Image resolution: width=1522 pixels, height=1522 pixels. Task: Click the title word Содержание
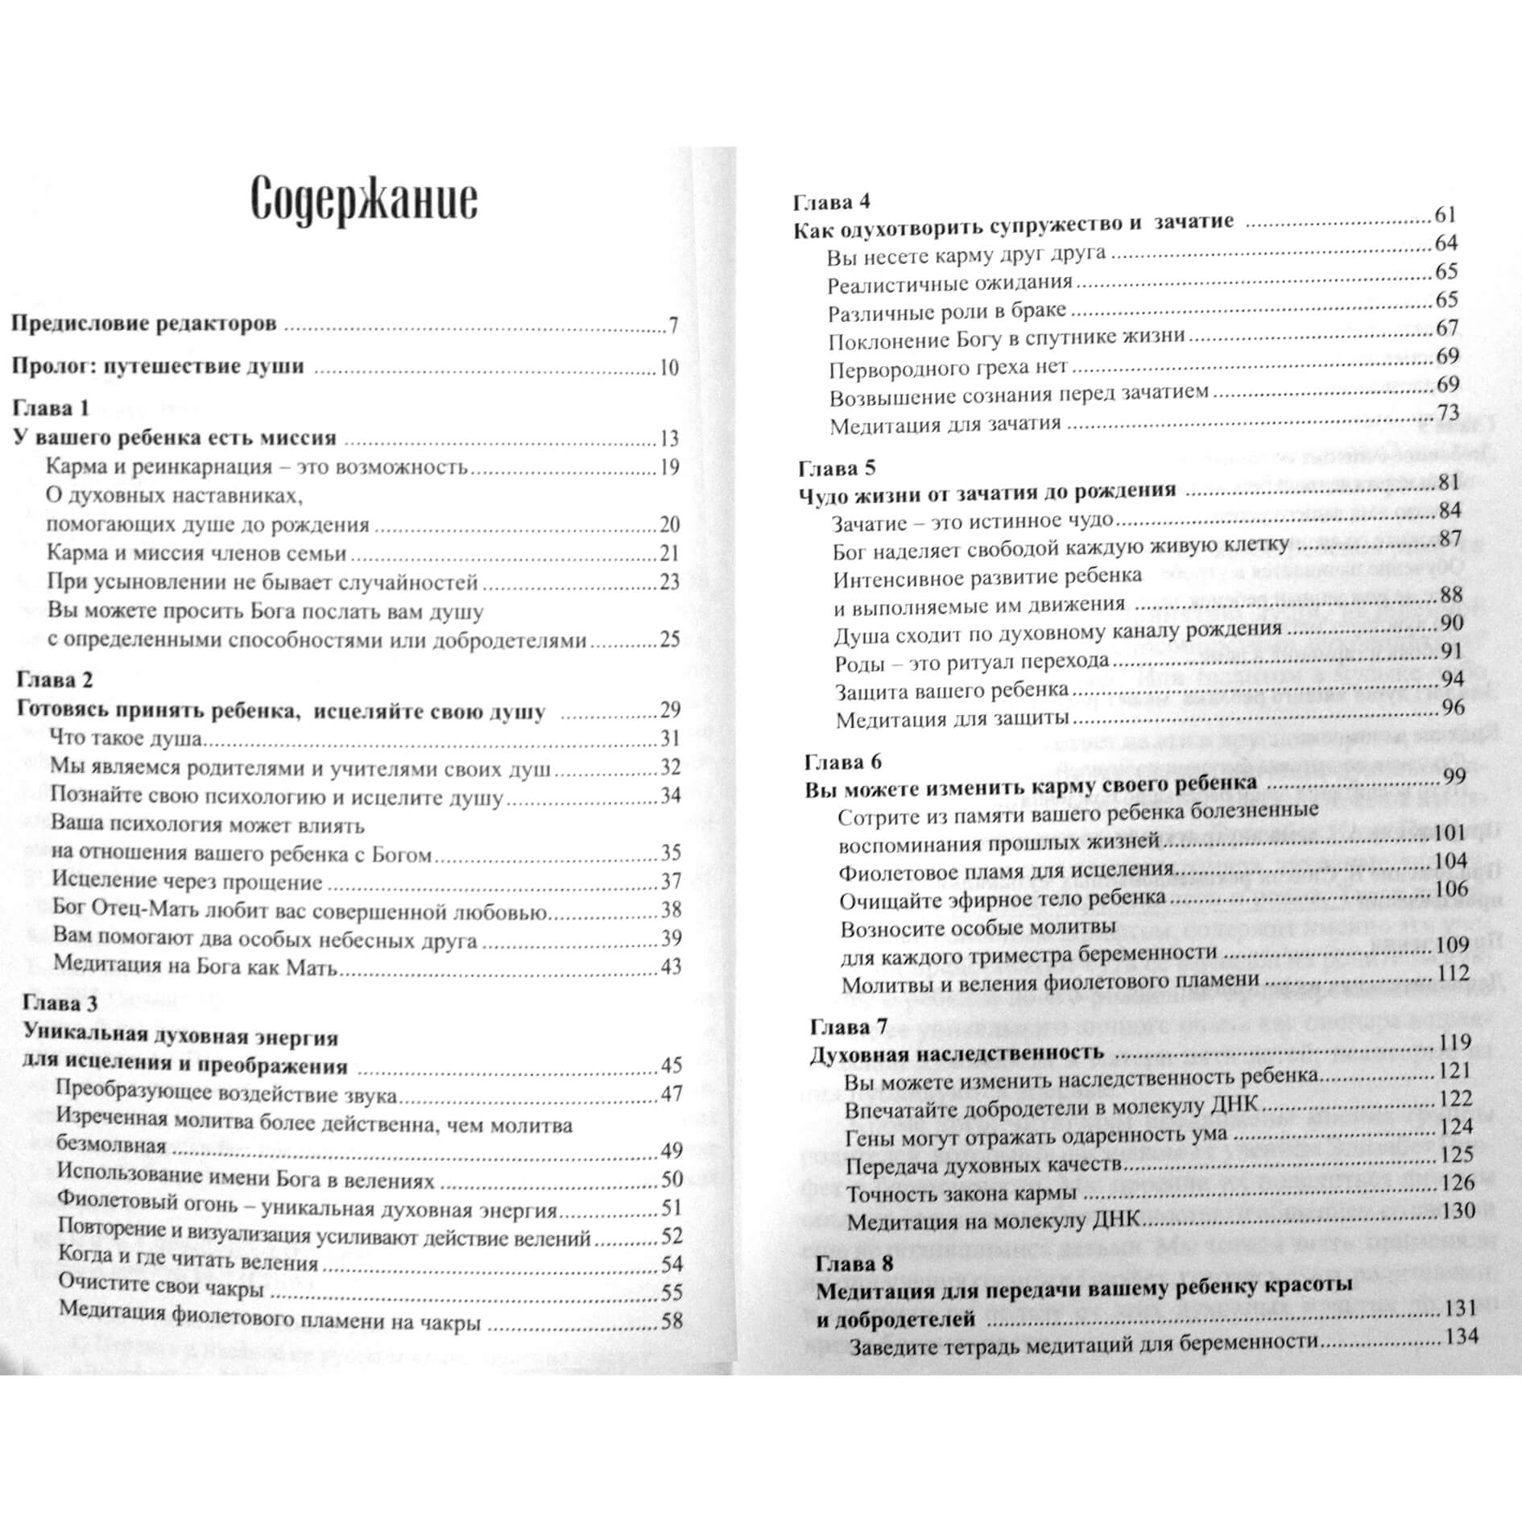tap(364, 201)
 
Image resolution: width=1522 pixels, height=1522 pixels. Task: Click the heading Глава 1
tap(52, 408)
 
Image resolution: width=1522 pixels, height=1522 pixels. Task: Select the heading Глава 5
tap(837, 467)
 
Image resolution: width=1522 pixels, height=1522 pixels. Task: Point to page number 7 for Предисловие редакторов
tap(672, 325)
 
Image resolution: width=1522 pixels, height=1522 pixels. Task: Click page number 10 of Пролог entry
tap(669, 368)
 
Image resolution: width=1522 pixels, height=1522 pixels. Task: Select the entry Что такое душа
tap(126, 738)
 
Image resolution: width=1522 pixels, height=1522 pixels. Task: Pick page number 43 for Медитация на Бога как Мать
tap(671, 966)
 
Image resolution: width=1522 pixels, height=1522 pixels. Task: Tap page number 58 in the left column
tap(672, 1320)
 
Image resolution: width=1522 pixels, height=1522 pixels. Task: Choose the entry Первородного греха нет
tap(948, 368)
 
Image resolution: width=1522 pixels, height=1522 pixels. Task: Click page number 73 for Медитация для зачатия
tap(1448, 412)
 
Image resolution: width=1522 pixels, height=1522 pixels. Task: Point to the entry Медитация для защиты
tap(952, 719)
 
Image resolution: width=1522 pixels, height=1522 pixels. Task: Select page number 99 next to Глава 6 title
tap(1453, 777)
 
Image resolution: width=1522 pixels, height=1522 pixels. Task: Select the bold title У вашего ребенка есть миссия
tap(176, 438)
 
